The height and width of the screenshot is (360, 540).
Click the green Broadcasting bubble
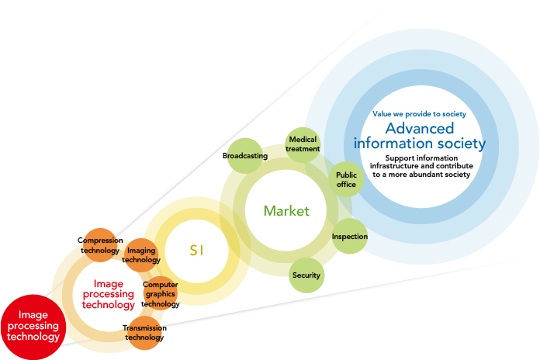point(245,156)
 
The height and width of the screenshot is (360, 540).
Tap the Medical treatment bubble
point(303,144)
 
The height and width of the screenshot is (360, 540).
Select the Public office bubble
point(346,180)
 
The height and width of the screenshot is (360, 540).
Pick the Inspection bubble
point(349,236)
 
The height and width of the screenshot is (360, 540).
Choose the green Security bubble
point(306,275)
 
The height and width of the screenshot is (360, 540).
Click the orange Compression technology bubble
point(100,244)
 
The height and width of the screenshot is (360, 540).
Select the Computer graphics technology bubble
point(161,294)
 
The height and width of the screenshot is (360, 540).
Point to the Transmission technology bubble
point(144,332)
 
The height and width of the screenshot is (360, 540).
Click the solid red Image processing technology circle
point(29,327)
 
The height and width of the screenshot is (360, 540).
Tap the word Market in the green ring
point(286,211)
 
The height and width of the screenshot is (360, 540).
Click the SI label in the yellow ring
point(196,250)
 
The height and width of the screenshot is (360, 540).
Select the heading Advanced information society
point(420,136)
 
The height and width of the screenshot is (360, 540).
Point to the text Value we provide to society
point(419,113)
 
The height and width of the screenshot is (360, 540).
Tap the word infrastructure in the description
point(401,166)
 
